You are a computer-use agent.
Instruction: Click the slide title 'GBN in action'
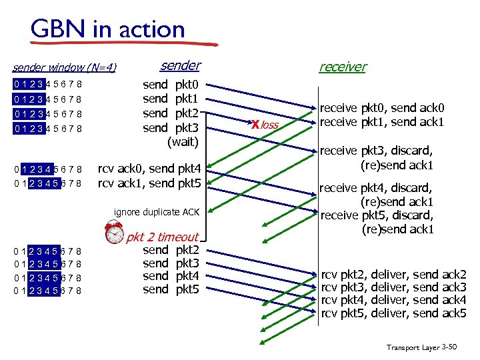coord(107,29)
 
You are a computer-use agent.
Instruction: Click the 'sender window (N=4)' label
coord(65,67)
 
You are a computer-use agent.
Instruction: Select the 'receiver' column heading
coord(343,66)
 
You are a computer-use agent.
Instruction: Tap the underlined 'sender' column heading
coord(180,65)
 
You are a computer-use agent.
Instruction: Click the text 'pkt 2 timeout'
coord(163,237)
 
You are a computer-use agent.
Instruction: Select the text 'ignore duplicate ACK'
coord(157,212)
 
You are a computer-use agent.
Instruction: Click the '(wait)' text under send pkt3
coord(182,141)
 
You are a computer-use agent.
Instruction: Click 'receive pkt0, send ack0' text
coord(382,108)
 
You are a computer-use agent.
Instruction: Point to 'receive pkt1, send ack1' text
coord(382,121)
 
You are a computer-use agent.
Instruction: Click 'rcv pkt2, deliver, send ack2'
coord(393,275)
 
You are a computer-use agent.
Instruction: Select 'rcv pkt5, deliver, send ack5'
coord(393,313)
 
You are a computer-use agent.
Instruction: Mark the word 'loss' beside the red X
coord(269,125)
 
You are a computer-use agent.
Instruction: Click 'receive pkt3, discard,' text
coord(377,151)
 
